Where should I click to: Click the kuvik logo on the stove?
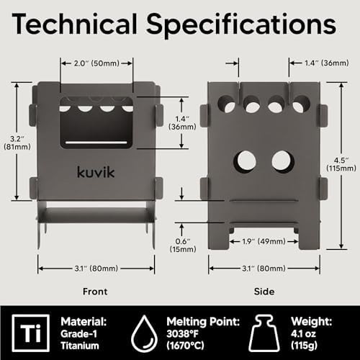pyautogui.click(x=96, y=172)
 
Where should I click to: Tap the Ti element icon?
pyautogui.click(x=31, y=333)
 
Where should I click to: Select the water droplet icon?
pyautogui.click(x=144, y=333)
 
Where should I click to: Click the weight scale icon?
pyautogui.click(x=264, y=333)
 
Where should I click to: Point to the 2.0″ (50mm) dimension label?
pyautogui.click(x=96, y=63)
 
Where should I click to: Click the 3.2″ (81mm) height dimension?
pyautogui.click(x=17, y=143)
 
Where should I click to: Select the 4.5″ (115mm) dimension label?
pyautogui.click(x=341, y=164)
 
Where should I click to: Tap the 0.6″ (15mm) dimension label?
pyautogui.click(x=183, y=245)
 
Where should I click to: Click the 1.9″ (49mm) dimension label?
pyautogui.click(x=264, y=241)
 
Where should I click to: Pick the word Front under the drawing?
pyautogui.click(x=95, y=292)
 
